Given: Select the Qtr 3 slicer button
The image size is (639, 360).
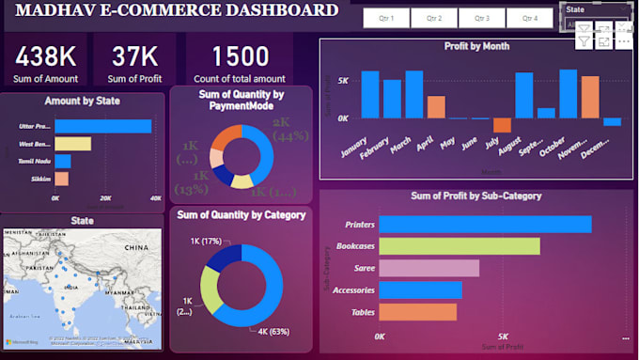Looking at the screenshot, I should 482,19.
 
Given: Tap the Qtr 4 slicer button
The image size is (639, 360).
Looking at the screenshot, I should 530,19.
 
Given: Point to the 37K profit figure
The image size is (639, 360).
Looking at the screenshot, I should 134,56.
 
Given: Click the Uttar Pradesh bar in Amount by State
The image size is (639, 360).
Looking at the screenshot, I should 102,126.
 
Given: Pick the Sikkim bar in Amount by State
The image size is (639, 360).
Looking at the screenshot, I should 61,179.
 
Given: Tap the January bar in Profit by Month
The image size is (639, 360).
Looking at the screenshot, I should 370,94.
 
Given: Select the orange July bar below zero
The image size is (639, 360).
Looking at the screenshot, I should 502,125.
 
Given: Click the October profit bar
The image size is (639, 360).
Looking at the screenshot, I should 568,94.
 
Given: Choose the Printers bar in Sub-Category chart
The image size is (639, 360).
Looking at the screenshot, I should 485,224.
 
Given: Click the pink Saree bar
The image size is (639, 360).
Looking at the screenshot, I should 429,268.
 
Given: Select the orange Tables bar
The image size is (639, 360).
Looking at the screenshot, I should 417,311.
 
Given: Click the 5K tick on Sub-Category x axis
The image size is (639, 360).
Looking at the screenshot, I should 503,336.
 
